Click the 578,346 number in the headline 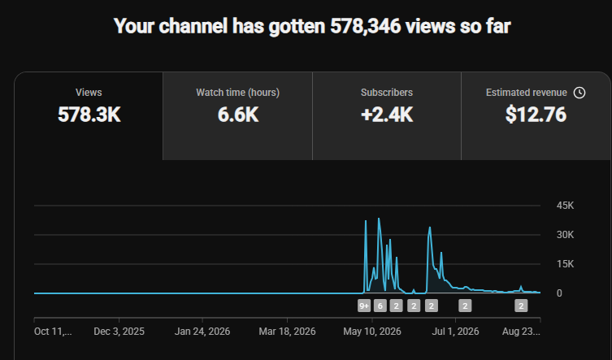(365, 27)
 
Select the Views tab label (89, 93)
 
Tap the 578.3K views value (89, 115)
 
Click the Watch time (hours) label (237, 93)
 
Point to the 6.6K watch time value (238, 115)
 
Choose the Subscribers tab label (387, 93)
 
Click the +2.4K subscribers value (387, 115)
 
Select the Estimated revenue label (527, 93)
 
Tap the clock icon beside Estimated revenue (579, 93)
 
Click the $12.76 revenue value (536, 115)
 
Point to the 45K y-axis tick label (565, 206)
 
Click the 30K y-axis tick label (565, 235)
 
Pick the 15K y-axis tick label (565, 264)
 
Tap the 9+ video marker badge (364, 306)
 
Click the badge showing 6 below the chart (380, 306)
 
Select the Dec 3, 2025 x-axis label (119, 332)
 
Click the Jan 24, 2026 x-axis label (202, 332)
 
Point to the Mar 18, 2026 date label (287, 332)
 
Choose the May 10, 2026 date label (372, 332)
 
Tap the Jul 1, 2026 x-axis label (455, 332)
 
